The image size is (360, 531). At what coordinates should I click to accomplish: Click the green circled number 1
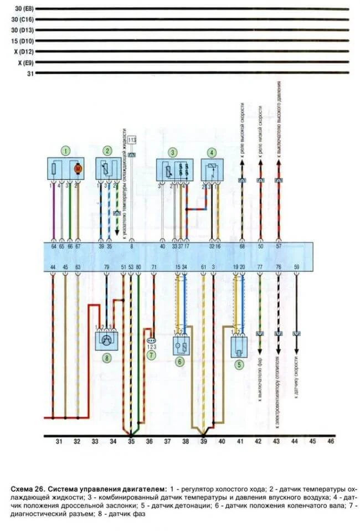[x=66, y=151]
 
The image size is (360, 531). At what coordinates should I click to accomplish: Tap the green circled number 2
[x=107, y=151]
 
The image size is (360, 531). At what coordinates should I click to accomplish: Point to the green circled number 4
[x=210, y=152]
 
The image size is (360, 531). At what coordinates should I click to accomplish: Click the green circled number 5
[x=239, y=364]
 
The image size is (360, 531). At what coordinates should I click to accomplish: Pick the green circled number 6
[x=179, y=361]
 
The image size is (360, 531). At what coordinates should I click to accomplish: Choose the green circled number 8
[x=107, y=358]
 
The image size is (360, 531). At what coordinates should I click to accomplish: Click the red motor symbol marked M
[x=78, y=167]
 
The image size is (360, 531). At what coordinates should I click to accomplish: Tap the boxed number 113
[x=132, y=141]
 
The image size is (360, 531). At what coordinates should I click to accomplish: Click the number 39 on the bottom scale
[x=203, y=441]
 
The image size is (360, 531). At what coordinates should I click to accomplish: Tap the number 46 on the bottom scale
[x=330, y=441]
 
